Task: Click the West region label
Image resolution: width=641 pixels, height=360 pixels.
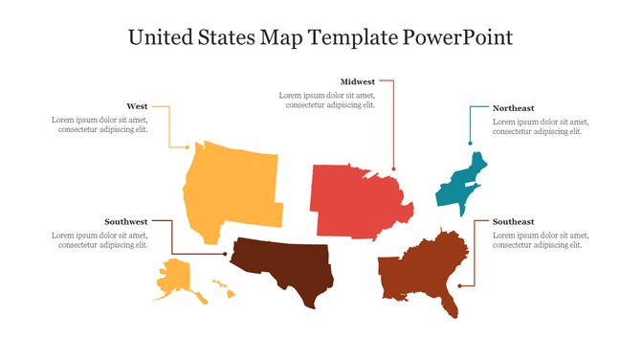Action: click(137, 106)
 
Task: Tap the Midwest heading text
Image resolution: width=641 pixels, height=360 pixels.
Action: click(358, 82)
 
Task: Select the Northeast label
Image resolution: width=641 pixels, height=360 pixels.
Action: click(513, 108)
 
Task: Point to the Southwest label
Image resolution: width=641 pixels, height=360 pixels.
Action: click(126, 221)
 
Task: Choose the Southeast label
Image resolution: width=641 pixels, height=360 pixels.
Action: click(513, 221)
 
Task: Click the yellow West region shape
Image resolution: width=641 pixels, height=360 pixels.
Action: click(230, 187)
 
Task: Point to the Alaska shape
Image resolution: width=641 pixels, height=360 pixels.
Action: click(178, 281)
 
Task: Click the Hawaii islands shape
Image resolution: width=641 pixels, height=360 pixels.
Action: click(219, 283)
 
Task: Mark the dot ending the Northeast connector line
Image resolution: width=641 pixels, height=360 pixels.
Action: click(470, 143)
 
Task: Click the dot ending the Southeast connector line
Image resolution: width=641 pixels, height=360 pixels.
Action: click(460, 285)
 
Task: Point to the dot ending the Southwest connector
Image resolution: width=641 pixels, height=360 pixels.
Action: click(225, 255)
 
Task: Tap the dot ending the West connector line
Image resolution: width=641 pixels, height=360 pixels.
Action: click(188, 146)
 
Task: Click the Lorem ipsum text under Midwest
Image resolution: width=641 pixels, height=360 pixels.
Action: click(327, 101)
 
